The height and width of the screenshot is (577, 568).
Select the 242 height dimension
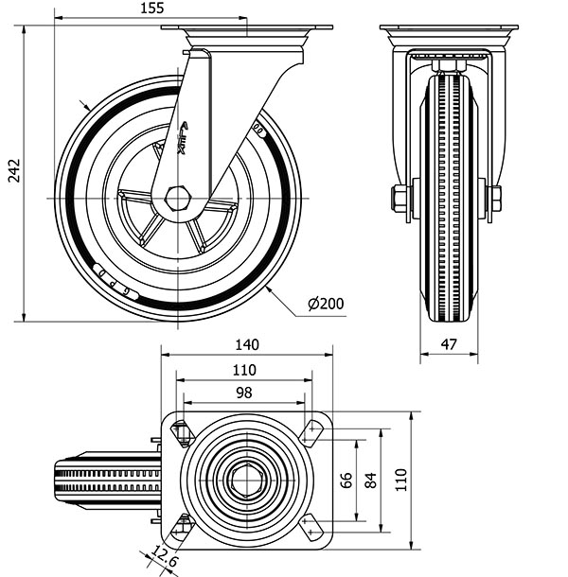tap(12, 169)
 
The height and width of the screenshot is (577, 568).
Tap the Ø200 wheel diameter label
tap(326, 304)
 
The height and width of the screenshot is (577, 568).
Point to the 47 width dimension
tap(449, 345)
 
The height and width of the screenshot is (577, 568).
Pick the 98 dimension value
tap(244, 393)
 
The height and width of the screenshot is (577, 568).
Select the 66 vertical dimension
tap(346, 480)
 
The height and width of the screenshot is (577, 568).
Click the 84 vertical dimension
tap(370, 480)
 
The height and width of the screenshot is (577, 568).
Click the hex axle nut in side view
tap(178, 199)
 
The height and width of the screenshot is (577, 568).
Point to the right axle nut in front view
tap(494, 199)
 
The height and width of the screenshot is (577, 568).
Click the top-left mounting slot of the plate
tap(183, 433)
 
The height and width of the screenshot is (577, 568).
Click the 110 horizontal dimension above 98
tap(244, 370)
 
